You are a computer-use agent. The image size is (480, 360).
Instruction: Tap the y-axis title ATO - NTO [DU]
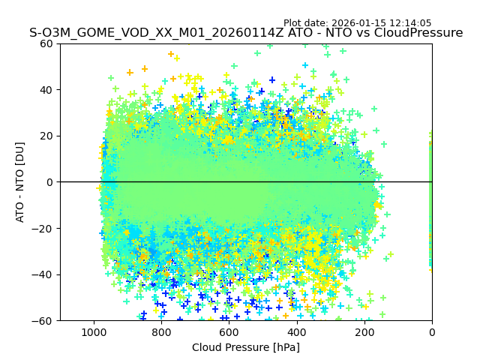(x=20, y=182)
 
